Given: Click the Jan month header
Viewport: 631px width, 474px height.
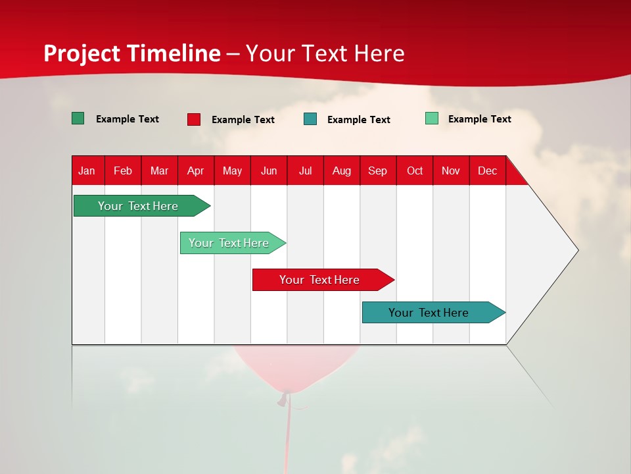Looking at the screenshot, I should point(87,171).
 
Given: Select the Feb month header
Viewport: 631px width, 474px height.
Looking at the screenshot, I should point(123,171).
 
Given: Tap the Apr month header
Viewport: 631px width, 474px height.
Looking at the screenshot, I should point(195,171).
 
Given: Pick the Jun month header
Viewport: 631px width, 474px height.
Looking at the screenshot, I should point(269,171).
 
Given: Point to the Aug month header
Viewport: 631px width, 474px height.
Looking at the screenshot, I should point(341,171).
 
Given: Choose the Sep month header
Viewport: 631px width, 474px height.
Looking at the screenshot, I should point(377,171).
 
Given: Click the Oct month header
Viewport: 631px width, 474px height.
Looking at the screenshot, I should point(415,171).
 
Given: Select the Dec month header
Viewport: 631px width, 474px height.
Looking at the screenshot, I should point(487,171).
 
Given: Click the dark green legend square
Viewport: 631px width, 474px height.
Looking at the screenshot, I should point(78,118).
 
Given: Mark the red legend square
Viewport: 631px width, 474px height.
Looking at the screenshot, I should point(194,119).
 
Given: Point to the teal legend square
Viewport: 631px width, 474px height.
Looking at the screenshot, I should point(310,119).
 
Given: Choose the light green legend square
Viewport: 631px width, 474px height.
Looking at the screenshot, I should point(432,118).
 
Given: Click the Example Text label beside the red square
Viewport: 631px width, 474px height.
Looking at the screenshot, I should point(243,120).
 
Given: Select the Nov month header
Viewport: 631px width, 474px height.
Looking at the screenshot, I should point(451,171).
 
